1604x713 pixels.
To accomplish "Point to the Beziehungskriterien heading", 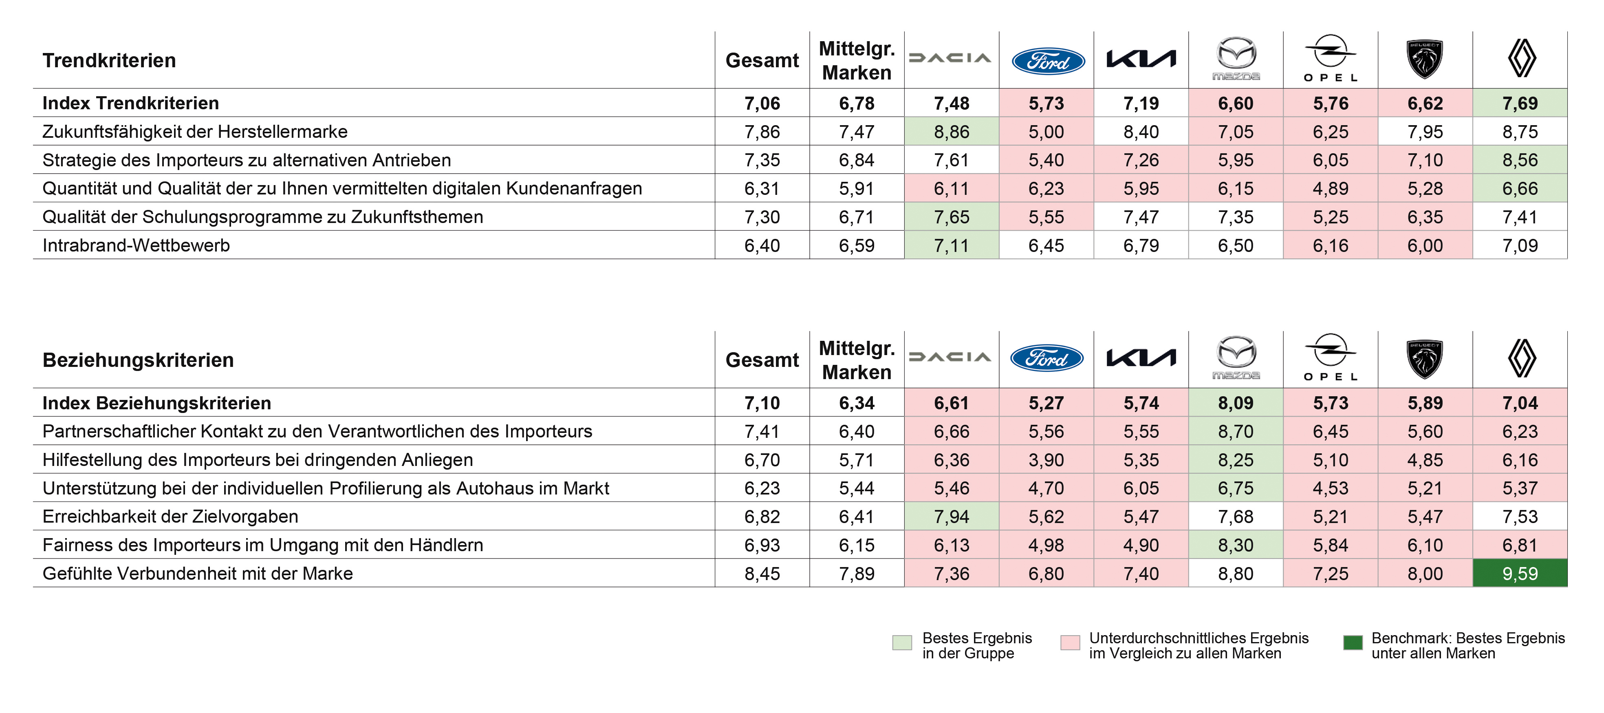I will pyautogui.click(x=138, y=360).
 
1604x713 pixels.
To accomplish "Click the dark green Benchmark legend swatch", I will pyautogui.click(x=1353, y=642).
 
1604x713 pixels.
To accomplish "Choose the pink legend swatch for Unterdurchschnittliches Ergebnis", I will pyautogui.click(x=1070, y=642).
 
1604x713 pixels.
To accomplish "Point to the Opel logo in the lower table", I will pyautogui.click(x=1330, y=358).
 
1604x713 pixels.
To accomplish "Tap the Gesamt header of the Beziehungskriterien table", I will pyautogui.click(x=762, y=360).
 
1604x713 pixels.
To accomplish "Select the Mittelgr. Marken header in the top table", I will pyautogui.click(x=856, y=60).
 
